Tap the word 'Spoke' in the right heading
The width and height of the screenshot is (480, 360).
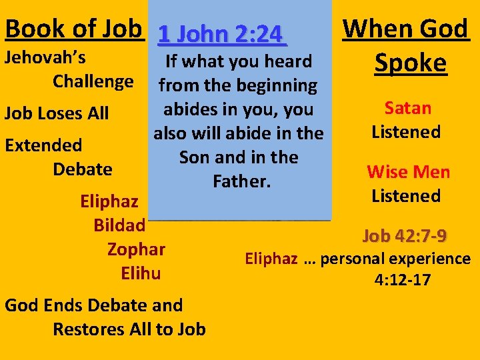click(410, 63)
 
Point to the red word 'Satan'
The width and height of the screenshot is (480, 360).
click(408, 108)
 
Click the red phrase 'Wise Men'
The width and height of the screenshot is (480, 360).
click(408, 172)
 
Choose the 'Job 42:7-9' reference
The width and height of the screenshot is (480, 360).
click(405, 236)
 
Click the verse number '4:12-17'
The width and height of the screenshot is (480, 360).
click(403, 280)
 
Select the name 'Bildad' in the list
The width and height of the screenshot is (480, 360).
click(119, 225)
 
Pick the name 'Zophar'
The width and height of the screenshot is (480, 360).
click(136, 249)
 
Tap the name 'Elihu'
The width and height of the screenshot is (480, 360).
click(141, 273)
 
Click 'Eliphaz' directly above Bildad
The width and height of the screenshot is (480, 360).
click(109, 201)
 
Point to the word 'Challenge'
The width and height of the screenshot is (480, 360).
click(93, 81)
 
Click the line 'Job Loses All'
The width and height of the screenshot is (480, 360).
click(57, 113)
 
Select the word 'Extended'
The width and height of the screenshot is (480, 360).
click(43, 145)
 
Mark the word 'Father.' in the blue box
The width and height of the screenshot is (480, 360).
click(239, 181)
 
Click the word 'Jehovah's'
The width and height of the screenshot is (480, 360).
click(45, 57)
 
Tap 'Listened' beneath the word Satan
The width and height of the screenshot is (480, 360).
click(406, 132)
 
